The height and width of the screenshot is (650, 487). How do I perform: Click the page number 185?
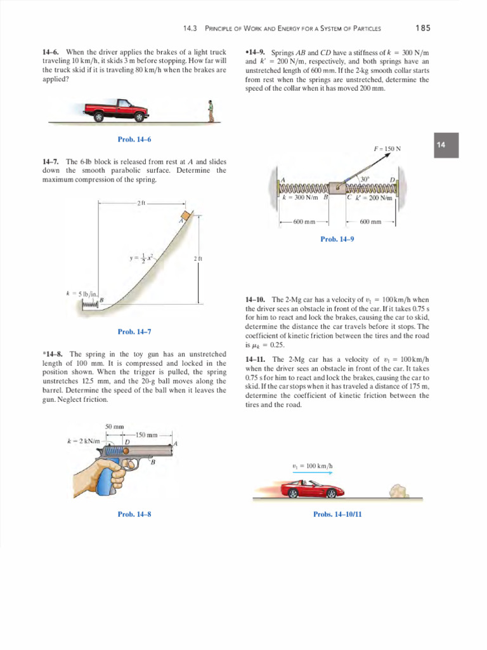pos(423,28)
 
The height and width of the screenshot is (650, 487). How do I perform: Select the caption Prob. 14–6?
pos(134,139)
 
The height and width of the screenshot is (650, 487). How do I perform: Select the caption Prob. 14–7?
pos(134,331)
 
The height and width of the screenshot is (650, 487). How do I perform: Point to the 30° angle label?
pos(363,179)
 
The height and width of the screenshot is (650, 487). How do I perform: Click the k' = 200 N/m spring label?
pos(374,197)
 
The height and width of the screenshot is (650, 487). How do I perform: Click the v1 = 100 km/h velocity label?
pos(312,466)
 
